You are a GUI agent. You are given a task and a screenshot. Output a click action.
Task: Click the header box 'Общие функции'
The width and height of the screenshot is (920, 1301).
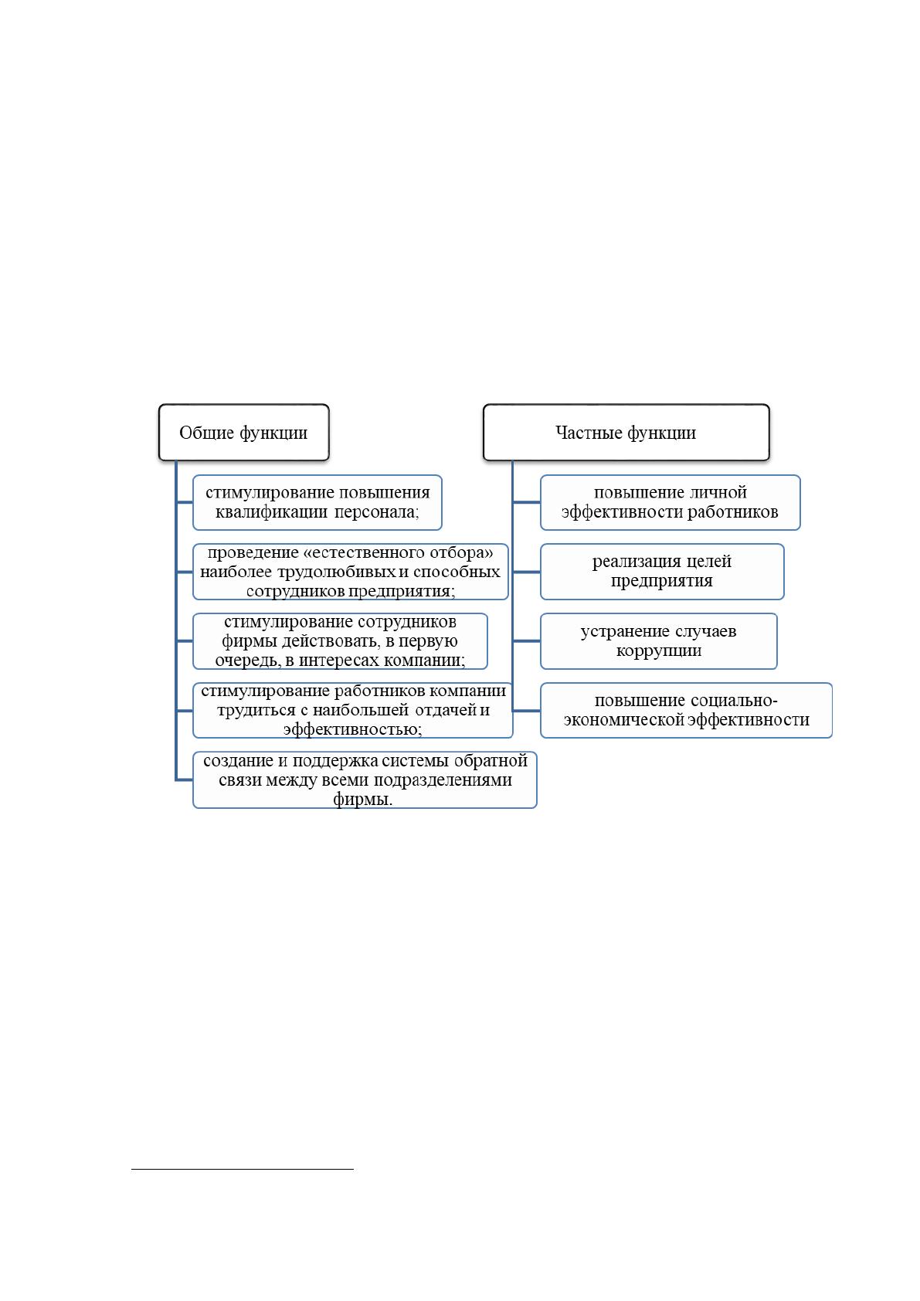coord(243,432)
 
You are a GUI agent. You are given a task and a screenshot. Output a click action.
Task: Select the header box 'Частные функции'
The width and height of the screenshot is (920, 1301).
coord(626,432)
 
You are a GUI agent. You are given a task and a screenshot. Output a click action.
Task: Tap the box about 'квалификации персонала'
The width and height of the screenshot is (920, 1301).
coord(317,502)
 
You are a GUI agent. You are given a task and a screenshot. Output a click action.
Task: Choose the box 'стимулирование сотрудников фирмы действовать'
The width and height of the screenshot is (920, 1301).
coord(340,641)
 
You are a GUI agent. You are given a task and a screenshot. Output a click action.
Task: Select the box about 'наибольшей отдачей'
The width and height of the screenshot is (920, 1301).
coord(352,710)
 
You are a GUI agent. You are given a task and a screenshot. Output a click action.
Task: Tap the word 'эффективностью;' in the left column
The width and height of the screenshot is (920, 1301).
coord(352,729)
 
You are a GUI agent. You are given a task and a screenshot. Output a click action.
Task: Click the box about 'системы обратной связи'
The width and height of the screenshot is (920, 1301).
coord(365,780)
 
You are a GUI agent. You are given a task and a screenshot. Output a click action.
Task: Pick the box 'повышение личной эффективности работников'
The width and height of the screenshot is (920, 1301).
coord(670,502)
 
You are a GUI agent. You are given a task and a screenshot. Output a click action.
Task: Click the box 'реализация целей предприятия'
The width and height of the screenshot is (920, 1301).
coord(662,572)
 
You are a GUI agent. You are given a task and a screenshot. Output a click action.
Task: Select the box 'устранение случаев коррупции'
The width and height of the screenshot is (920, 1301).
coord(659,641)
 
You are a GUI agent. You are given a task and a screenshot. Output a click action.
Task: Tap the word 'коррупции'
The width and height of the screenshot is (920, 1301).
coord(659,650)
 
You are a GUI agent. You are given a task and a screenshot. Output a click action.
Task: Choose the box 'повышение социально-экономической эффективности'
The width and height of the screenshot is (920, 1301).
coord(686,710)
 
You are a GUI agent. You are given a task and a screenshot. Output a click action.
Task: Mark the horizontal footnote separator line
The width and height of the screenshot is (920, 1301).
coord(243,1169)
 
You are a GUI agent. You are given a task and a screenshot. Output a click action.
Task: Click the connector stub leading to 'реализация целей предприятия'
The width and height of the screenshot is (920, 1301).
coord(526,572)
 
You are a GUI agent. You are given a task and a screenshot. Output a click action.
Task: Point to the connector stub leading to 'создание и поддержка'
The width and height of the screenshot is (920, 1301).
coord(184,780)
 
